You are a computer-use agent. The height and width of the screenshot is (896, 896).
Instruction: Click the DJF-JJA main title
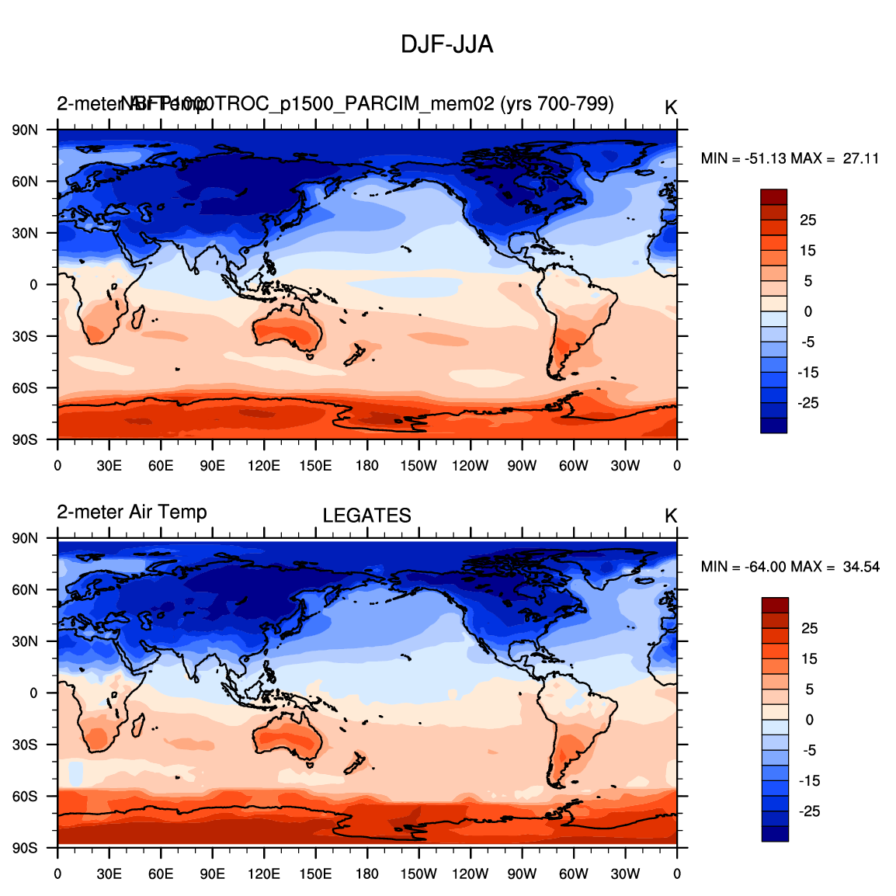coord(446,45)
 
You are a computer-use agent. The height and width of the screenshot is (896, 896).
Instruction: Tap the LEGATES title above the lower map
coord(366,516)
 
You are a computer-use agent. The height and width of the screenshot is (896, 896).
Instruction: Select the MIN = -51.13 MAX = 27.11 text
coord(790,158)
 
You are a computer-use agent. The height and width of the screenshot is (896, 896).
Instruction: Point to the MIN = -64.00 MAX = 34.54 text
coord(790,567)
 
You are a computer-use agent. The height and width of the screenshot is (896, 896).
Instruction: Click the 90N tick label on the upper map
coord(25,130)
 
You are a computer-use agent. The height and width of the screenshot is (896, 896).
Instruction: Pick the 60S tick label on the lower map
coord(25,797)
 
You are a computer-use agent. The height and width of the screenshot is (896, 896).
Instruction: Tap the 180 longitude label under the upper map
coord(366,466)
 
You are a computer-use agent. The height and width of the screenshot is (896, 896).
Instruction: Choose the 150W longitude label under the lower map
coord(418,874)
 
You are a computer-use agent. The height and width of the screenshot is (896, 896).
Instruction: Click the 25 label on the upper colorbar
coord(808,221)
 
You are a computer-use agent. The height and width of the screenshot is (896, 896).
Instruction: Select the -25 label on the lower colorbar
coord(809,811)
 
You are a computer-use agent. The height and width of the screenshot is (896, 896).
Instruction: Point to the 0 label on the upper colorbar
coord(808,311)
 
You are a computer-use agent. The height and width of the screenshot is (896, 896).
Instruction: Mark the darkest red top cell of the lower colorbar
coord(775,605)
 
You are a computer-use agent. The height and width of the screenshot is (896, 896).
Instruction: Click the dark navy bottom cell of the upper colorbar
coord(773,425)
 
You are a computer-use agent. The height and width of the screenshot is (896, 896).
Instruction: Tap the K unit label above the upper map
coord(671,108)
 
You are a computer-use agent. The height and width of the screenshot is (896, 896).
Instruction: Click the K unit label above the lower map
coord(671,516)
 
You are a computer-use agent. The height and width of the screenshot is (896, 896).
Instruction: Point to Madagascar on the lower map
coord(140,726)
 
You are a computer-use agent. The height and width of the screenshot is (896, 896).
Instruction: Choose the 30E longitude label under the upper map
coord(109,466)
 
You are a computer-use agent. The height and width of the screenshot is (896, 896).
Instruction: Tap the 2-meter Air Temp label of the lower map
coord(132,512)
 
